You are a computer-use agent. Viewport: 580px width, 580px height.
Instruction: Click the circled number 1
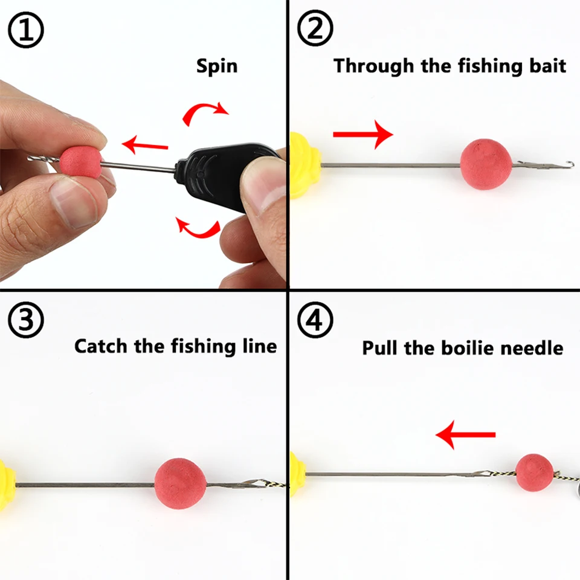(x=25, y=31)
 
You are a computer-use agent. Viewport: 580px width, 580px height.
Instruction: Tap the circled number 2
(x=315, y=31)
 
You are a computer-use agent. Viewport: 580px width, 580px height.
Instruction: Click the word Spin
(x=217, y=66)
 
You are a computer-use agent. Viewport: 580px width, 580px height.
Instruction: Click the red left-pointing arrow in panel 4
(x=465, y=435)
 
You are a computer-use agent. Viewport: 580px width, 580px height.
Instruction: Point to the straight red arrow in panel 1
(x=144, y=145)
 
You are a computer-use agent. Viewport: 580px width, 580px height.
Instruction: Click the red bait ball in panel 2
(x=486, y=164)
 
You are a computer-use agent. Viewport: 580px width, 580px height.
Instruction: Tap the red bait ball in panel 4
(x=534, y=472)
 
